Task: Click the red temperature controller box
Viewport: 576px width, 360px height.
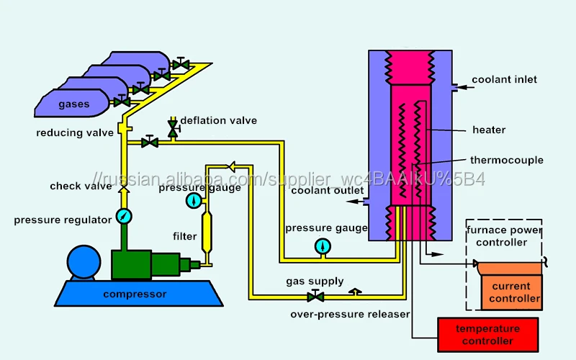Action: (487, 334)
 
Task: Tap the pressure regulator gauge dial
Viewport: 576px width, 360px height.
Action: (124, 217)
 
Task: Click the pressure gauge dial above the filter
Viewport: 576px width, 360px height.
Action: (193, 199)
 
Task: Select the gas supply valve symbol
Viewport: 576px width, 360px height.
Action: (315, 296)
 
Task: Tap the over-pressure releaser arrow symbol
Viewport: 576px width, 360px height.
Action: (354, 292)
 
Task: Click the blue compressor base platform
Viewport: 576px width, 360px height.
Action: (134, 292)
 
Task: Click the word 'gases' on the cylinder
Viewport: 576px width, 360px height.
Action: (73, 104)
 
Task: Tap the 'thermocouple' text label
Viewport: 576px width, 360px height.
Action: (506, 160)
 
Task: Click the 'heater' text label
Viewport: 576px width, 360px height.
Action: (489, 130)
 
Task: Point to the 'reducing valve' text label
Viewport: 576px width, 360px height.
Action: (75, 132)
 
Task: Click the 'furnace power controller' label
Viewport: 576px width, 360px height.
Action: (504, 236)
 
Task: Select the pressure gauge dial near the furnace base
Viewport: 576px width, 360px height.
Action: (322, 246)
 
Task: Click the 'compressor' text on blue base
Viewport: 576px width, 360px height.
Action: (135, 294)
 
